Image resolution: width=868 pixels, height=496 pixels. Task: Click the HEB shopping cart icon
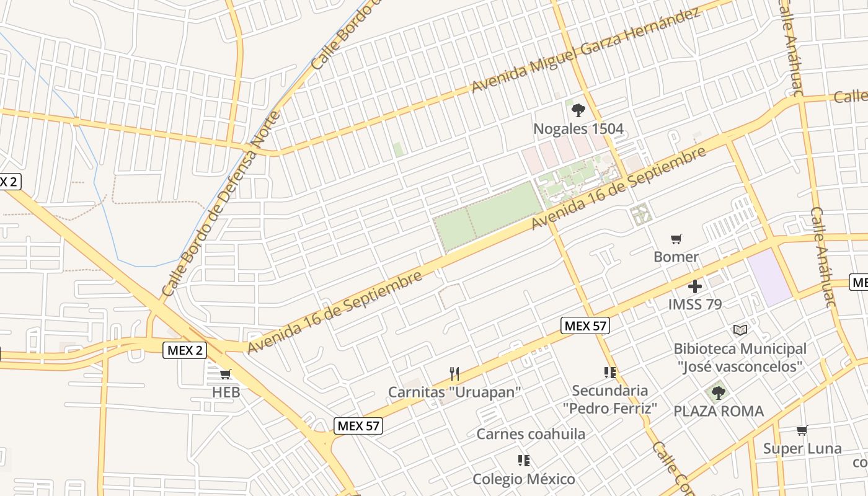click(226, 374)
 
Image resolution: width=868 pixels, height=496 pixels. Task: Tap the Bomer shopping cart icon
click(676, 239)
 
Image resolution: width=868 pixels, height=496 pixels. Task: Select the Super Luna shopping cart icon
click(802, 430)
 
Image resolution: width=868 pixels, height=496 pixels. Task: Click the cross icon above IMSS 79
click(695, 286)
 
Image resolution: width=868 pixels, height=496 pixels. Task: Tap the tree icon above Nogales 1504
click(578, 110)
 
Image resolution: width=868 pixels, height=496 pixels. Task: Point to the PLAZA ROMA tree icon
click(718, 392)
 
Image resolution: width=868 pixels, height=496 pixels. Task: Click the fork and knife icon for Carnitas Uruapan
click(454, 373)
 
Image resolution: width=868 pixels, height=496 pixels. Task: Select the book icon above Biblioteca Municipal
click(740, 330)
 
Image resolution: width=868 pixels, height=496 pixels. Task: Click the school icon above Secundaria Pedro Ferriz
click(609, 372)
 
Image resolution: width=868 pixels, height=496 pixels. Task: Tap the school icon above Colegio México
click(523, 461)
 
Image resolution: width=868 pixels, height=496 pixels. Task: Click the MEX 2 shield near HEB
click(185, 350)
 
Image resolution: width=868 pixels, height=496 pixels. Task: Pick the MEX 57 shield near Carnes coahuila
click(358, 426)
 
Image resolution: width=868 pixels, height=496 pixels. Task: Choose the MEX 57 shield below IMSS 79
click(585, 325)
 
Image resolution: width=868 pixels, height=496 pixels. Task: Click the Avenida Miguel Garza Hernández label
click(585, 51)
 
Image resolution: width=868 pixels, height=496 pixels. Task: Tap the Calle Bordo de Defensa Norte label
click(221, 205)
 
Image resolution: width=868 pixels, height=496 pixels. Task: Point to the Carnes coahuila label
click(530, 434)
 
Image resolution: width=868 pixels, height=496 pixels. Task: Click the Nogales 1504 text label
click(578, 129)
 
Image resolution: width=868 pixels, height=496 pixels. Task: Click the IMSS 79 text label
click(694, 304)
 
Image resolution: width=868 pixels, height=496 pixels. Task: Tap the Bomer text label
click(676, 257)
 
